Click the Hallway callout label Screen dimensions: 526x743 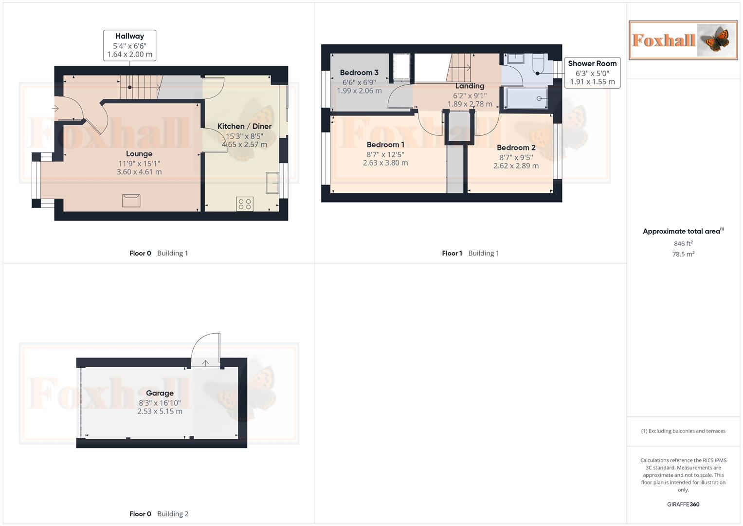(129, 45)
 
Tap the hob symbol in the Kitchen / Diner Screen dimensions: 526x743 (245, 204)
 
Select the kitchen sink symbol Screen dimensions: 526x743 (272, 183)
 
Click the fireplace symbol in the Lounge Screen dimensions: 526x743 (131, 200)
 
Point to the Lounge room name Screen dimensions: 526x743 (139, 154)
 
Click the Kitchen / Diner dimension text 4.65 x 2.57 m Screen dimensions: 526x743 (244, 145)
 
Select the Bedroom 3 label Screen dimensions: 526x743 (359, 73)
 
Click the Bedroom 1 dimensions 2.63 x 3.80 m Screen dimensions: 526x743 (385, 163)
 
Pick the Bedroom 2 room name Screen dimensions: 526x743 (516, 148)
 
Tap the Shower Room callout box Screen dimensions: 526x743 (592, 73)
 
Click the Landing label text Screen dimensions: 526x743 (470, 86)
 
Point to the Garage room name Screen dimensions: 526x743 (160, 393)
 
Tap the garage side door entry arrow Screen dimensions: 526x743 (206, 363)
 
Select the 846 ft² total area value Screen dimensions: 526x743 (683, 244)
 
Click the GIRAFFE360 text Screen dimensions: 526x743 (683, 505)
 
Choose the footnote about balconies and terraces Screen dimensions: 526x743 (683, 431)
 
